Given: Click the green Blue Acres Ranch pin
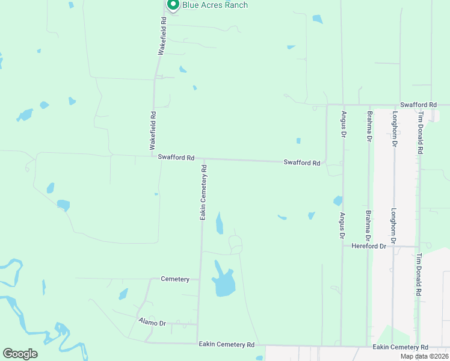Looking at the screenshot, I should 173,5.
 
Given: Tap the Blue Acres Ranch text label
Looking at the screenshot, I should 215,5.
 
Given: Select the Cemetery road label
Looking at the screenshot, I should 175,279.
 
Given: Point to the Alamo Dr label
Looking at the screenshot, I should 152,323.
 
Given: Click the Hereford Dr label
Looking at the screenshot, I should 368,246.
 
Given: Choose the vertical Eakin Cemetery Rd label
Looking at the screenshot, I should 204,193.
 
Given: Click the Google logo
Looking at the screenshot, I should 20,354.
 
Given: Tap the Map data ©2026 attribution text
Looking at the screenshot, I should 424,356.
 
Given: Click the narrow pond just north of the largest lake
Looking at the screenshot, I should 220,223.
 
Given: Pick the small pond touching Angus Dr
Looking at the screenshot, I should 338,200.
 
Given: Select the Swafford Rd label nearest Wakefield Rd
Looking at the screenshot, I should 176,158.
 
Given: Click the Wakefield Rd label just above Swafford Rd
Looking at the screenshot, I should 153,131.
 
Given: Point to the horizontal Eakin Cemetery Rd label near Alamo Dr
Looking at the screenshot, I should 227,345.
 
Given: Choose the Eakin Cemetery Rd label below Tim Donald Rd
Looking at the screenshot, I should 400,347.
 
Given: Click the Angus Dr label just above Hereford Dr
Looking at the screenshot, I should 343,226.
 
